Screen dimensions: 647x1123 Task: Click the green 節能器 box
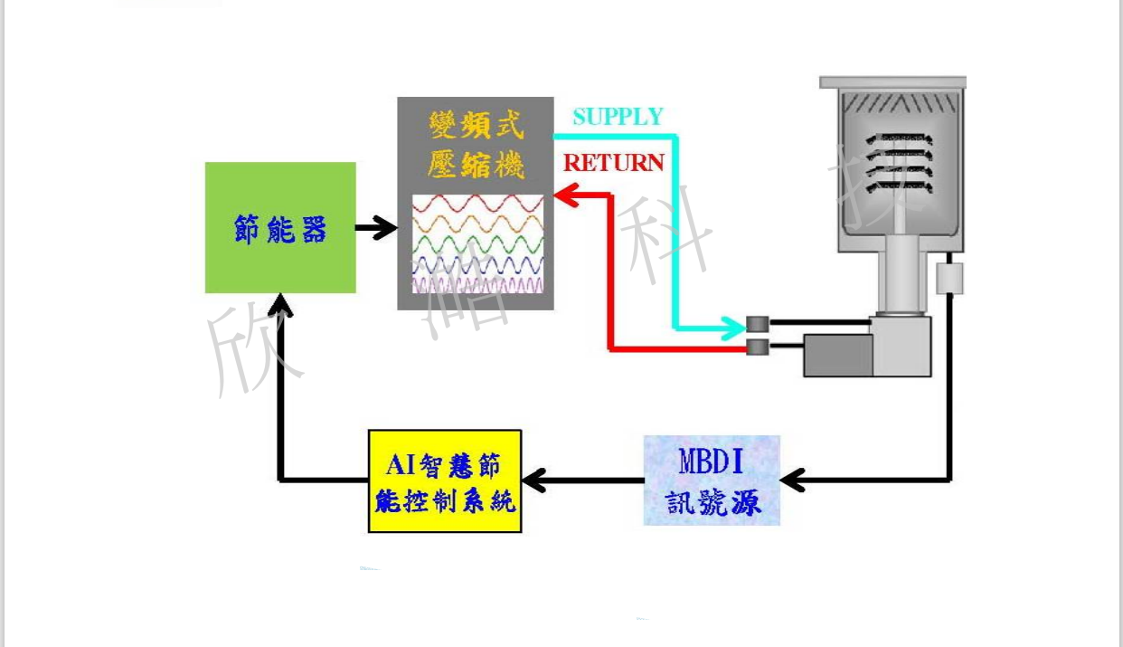coord(280,228)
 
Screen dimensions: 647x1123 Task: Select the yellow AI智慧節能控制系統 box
coord(445,480)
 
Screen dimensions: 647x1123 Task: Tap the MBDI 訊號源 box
coord(712,480)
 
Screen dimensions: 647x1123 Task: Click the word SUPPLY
coord(618,117)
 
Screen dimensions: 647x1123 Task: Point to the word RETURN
coord(614,163)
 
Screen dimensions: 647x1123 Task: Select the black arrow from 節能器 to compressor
coord(376,228)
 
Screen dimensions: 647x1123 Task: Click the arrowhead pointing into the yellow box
coord(534,480)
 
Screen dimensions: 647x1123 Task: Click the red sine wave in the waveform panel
coord(477,204)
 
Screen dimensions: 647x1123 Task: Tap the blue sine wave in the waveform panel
coord(477,265)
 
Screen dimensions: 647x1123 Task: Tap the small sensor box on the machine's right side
coord(949,279)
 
